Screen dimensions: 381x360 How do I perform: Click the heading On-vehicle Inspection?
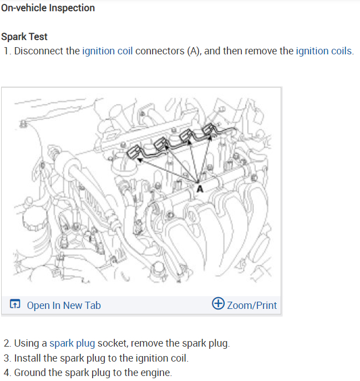coord(48,8)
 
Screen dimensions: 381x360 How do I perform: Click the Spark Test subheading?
coord(24,37)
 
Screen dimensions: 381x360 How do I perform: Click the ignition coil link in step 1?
coord(107,51)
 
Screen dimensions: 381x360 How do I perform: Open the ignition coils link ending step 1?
coord(324,51)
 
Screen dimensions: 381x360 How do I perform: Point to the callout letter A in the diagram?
coord(200,189)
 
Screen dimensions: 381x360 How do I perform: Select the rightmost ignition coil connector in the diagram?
coord(211,131)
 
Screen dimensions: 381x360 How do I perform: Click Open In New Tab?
coord(64,305)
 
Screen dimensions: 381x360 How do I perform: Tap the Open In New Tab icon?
coord(16,304)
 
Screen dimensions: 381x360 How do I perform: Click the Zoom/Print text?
coord(252,305)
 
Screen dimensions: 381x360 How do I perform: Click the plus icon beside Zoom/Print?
coord(219,304)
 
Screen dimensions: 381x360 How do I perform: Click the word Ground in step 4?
coord(29,372)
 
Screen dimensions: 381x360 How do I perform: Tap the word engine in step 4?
coord(155,372)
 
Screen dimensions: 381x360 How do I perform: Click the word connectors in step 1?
coord(160,51)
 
